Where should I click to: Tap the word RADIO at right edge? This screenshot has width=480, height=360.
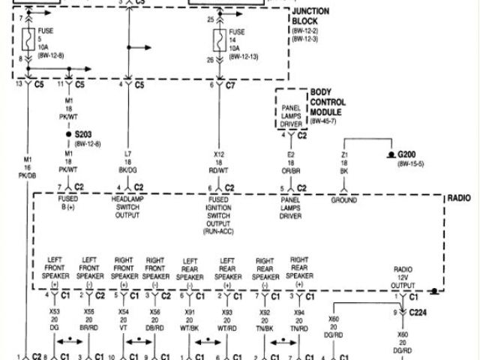click(457, 199)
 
